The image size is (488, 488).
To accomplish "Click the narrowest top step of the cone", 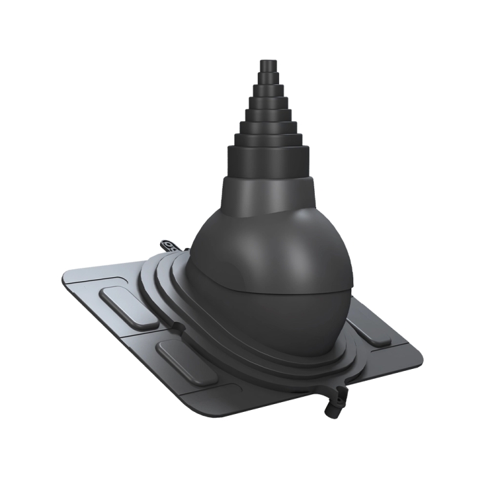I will click(267, 66).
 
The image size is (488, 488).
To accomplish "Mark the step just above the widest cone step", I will click(267, 139).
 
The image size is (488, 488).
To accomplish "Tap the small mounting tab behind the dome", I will click(169, 245).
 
